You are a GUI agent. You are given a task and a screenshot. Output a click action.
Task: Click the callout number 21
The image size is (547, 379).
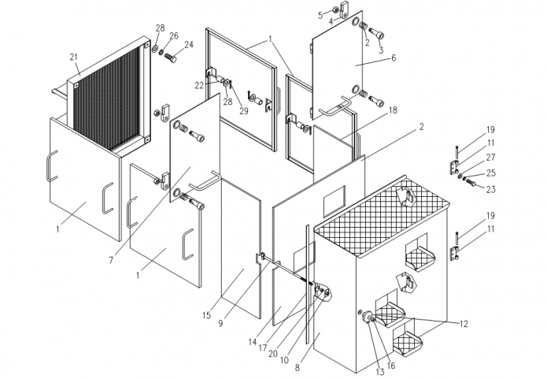click(74, 57)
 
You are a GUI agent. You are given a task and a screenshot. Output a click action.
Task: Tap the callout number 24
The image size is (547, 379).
click(189, 45)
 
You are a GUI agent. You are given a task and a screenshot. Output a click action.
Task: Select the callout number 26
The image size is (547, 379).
click(174, 36)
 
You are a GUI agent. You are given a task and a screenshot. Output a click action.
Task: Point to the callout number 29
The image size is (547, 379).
click(243, 111)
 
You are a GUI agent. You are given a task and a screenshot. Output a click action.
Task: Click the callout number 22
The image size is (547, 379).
click(199, 86)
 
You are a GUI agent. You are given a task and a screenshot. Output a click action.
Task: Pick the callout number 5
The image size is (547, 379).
click(320, 16)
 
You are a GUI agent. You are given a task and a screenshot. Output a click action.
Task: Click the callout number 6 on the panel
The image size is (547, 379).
click(394, 58)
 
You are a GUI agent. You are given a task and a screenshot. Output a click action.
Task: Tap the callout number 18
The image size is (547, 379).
click(393, 110)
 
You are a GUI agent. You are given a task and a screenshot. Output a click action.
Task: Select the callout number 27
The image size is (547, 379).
click(490, 157)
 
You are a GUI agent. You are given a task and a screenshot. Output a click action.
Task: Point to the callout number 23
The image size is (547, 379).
click(491, 189)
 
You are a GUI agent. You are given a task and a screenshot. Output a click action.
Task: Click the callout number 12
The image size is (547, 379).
click(464, 324)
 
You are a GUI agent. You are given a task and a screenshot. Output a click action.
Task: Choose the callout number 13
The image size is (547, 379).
click(380, 373)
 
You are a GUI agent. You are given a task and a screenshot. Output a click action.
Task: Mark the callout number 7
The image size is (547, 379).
click(111, 260)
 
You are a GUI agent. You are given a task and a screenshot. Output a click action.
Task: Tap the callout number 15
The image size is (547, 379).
click(206, 315)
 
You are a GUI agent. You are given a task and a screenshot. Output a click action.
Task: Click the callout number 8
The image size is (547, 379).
click(298, 367)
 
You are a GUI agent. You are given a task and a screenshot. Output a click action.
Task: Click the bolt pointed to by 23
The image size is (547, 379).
click(471, 182)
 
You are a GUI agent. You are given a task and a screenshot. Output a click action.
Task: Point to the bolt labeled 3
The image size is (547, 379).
click(376, 34)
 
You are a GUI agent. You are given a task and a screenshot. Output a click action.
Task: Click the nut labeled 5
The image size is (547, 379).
click(334, 9)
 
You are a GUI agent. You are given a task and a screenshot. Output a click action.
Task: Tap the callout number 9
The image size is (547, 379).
click(220, 324)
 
